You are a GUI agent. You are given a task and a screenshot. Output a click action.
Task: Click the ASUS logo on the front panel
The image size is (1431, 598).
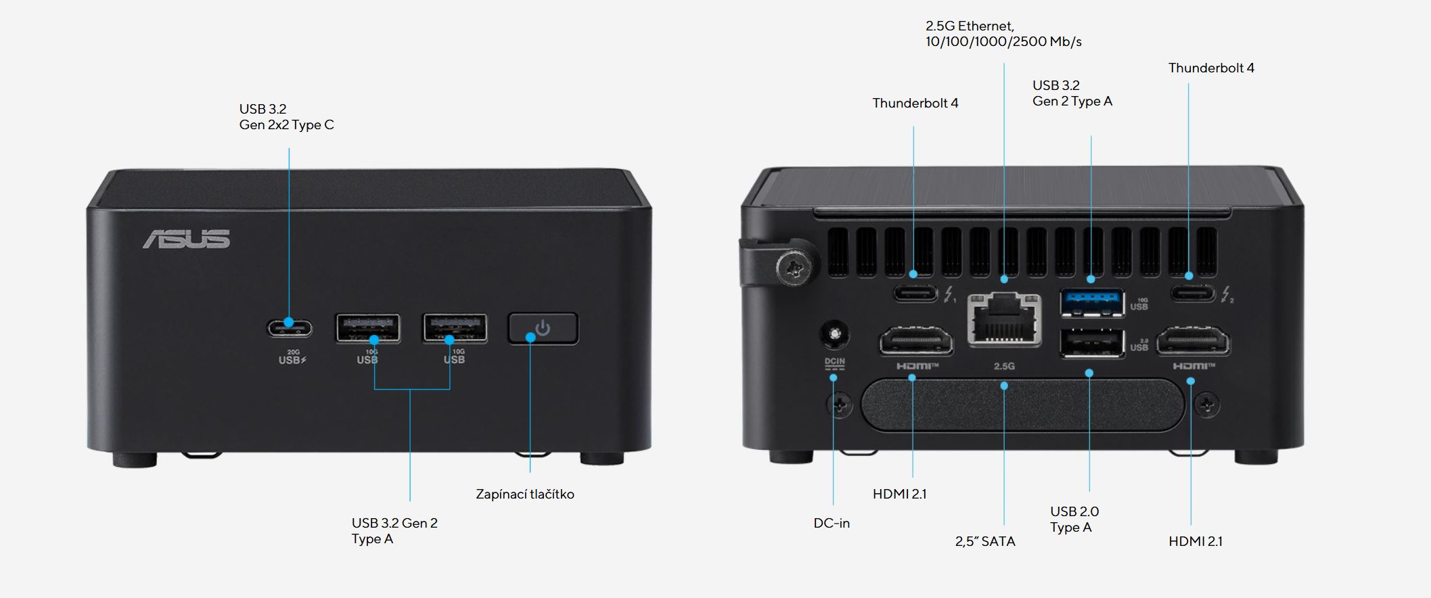(x=186, y=239)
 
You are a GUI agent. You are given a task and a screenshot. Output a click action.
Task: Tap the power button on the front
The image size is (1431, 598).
(x=543, y=329)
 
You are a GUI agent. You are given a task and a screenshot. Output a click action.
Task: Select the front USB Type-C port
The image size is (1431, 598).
(x=290, y=329)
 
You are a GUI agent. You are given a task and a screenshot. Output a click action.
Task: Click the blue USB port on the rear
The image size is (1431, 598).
(x=1092, y=302)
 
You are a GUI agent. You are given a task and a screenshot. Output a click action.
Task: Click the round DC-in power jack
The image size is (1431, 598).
(x=834, y=334)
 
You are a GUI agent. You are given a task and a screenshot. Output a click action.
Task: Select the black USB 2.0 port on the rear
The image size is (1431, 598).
(x=1092, y=344)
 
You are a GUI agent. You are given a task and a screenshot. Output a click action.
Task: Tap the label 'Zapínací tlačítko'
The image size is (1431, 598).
(x=524, y=495)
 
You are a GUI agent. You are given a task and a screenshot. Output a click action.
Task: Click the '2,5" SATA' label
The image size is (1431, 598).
(x=985, y=541)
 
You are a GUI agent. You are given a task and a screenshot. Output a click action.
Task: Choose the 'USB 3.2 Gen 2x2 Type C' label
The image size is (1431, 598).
(x=286, y=117)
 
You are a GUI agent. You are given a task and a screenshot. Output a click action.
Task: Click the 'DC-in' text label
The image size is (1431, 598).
(x=832, y=523)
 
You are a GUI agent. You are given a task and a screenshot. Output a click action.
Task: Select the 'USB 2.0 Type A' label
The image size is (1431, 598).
(x=1074, y=520)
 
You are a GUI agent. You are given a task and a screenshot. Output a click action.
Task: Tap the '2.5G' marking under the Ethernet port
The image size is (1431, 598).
(x=1004, y=366)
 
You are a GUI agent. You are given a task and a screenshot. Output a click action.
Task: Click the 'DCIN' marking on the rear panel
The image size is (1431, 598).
(x=834, y=362)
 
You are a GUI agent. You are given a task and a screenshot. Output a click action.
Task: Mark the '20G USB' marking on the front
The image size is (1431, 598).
(x=292, y=357)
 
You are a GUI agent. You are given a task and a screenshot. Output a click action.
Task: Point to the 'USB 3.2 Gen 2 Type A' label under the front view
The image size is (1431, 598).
(x=394, y=531)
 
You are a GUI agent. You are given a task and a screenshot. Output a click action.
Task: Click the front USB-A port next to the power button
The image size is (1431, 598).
(x=455, y=328)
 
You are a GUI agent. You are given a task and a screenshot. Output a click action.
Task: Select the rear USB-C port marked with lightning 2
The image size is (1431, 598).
(x=1193, y=294)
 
